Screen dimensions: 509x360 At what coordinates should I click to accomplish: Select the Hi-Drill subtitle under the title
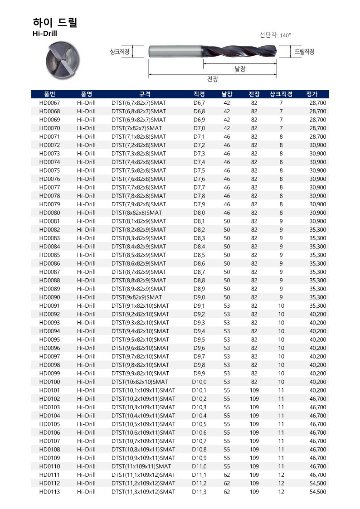tap(45, 34)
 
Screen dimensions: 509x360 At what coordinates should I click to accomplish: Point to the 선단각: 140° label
tap(275, 35)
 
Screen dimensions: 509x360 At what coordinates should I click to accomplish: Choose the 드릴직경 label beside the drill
tap(305, 52)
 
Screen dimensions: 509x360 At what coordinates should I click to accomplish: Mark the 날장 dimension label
tap(240, 69)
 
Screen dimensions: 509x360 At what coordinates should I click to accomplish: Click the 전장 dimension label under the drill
tap(213, 79)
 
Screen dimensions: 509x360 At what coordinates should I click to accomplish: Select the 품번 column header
tap(49, 94)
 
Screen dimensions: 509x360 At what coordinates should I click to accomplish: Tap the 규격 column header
tap(145, 94)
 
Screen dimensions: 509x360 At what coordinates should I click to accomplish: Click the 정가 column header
tap(312, 94)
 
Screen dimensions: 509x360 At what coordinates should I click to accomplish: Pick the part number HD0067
tap(49, 103)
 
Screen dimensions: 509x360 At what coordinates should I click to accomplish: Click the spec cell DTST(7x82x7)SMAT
tap(136, 128)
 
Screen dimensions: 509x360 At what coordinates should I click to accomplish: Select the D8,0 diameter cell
tap(199, 213)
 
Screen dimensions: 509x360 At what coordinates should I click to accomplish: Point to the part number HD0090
tap(49, 297)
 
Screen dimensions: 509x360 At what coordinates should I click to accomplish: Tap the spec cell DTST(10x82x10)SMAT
tap(140, 382)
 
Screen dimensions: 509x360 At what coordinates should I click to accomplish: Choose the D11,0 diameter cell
tap(199, 466)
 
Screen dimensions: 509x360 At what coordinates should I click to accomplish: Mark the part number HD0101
tap(49, 390)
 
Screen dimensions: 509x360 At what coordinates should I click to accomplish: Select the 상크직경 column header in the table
tap(281, 94)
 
